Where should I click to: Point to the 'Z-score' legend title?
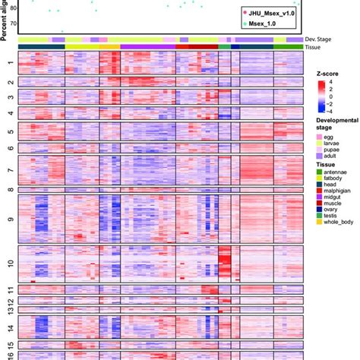pos(328,74)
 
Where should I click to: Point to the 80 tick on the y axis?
pos(11,8)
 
